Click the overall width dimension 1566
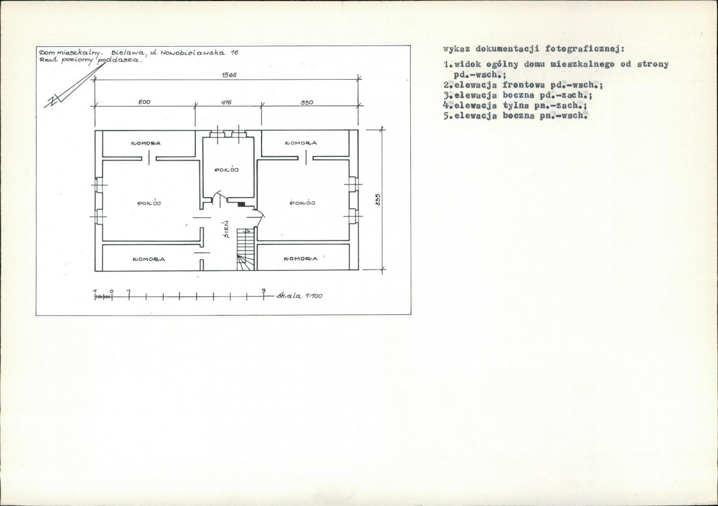tap(229, 75)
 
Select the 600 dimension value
tap(145, 102)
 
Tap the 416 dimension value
tap(226, 102)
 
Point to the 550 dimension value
tap(307, 102)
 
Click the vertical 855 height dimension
tap(378, 199)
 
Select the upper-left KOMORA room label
tap(146, 143)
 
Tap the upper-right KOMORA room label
tap(301, 143)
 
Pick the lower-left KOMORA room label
tap(149, 259)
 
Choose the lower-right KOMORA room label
tap(301, 259)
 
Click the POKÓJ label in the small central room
tap(227, 169)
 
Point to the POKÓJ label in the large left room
tap(149, 202)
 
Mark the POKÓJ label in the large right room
tap(302, 202)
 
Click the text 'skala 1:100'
tap(299, 296)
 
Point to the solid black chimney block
tap(241, 204)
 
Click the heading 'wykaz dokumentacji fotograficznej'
tap(534, 49)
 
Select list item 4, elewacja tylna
tap(515, 105)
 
